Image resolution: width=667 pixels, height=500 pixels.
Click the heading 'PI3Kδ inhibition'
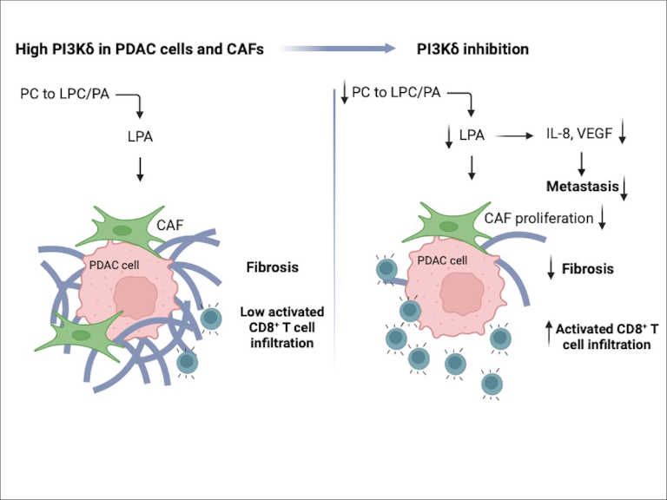(x=469, y=49)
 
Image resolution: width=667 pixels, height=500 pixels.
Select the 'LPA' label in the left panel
(x=140, y=136)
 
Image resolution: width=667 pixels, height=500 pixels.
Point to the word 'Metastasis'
(x=582, y=186)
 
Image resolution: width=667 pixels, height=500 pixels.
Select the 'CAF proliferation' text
(x=538, y=218)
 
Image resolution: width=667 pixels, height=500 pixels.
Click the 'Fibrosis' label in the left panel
(x=272, y=266)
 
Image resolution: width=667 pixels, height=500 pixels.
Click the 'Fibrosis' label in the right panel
(x=587, y=268)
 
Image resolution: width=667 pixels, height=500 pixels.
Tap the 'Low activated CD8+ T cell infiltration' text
(x=281, y=326)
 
